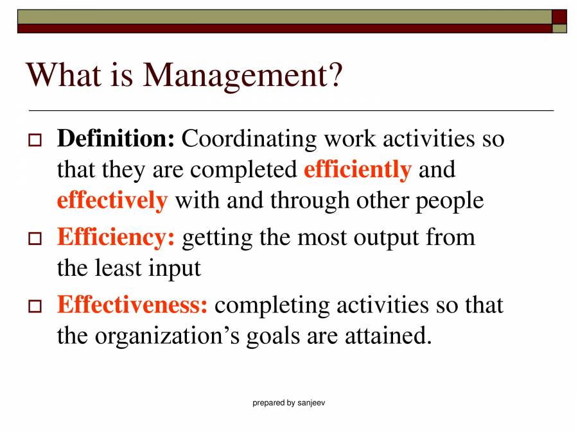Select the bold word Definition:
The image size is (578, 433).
tap(116, 139)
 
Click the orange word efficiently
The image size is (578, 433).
tap(357, 169)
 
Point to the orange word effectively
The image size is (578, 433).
tap(112, 200)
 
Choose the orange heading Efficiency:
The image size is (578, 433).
tap(116, 237)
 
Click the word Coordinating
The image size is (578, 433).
tap(250, 139)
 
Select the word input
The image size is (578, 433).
tap(175, 268)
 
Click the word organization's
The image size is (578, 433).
tap(170, 335)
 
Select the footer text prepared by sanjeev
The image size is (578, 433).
tap(289, 403)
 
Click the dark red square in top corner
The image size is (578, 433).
tap(559, 16)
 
